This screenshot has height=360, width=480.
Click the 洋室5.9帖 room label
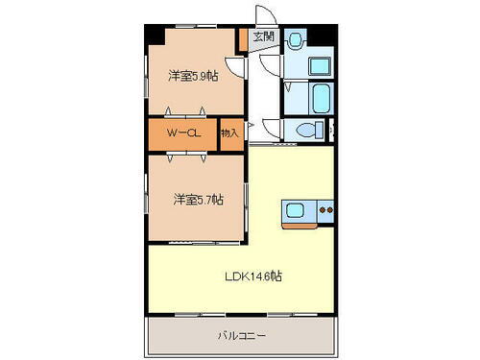pos(193,76)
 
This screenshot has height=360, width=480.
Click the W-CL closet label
pos(180,133)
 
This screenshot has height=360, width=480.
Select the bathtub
pos(320,97)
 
